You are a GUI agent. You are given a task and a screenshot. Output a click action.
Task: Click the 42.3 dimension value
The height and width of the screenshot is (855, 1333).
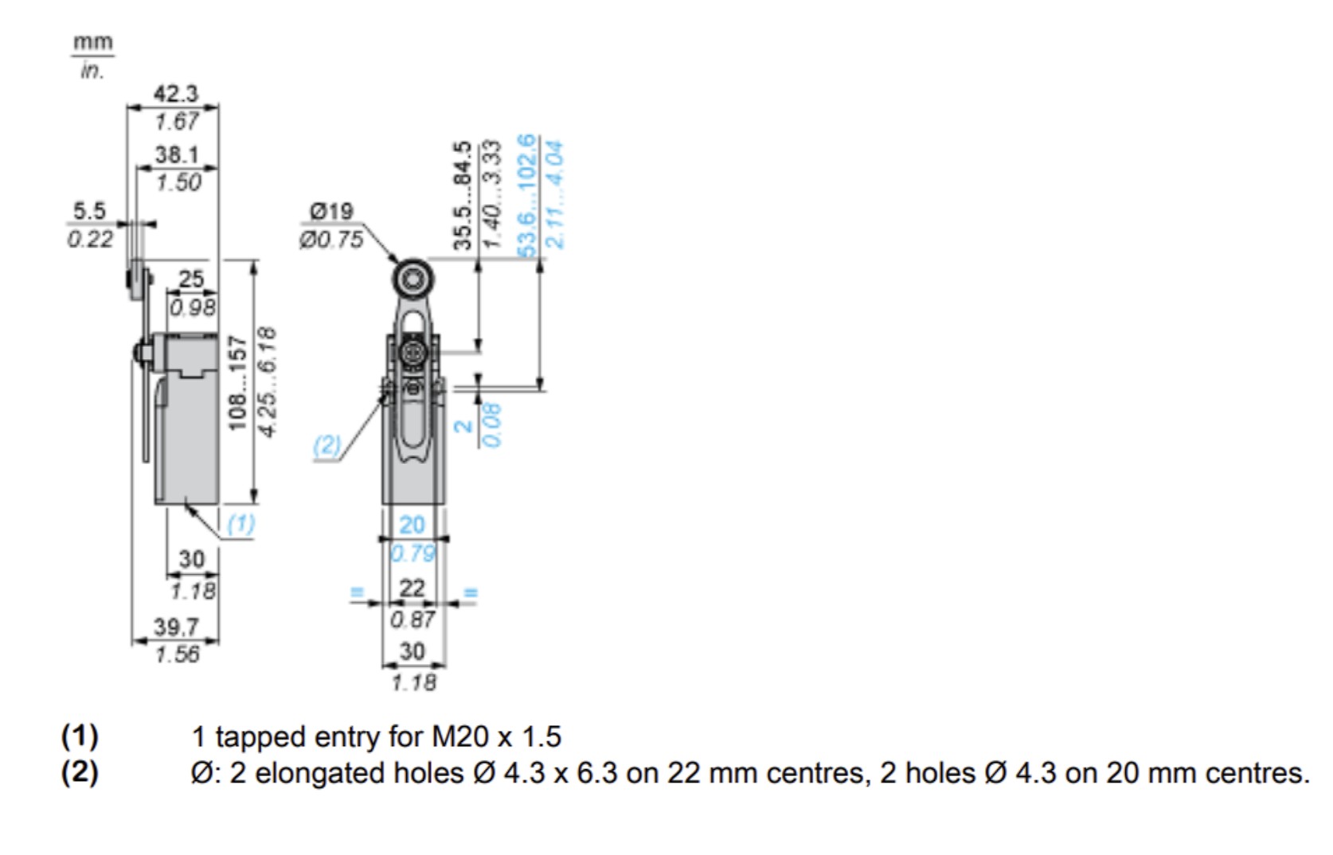point(176,94)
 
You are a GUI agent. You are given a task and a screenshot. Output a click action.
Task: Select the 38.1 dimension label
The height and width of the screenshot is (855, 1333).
point(177,154)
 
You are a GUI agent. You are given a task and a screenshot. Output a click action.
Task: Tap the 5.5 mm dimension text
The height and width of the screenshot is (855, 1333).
point(88,211)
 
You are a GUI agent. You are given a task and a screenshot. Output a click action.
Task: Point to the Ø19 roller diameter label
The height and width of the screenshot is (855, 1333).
point(331,211)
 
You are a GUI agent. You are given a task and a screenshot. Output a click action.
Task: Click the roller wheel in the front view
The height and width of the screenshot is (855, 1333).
point(412,278)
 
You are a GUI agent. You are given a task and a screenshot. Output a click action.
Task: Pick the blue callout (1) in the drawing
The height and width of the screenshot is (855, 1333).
point(241,524)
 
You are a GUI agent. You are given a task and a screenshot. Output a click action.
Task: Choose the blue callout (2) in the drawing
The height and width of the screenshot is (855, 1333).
point(327,445)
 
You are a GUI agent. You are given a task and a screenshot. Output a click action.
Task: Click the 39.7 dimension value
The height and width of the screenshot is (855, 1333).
point(176,627)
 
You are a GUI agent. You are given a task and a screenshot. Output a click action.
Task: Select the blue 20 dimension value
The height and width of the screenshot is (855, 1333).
point(412,525)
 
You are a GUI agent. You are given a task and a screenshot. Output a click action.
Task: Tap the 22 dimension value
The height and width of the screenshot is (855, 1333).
point(412,588)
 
